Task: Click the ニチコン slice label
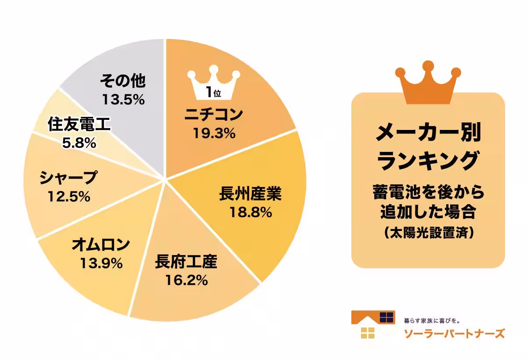214,115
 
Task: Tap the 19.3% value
214,132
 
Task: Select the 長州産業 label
250,194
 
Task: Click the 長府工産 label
186,263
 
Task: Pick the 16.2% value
186,280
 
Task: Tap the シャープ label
68,178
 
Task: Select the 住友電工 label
79,125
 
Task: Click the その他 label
123,81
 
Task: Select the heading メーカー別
428,132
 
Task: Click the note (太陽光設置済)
428,233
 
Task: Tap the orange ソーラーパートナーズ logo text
454,333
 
